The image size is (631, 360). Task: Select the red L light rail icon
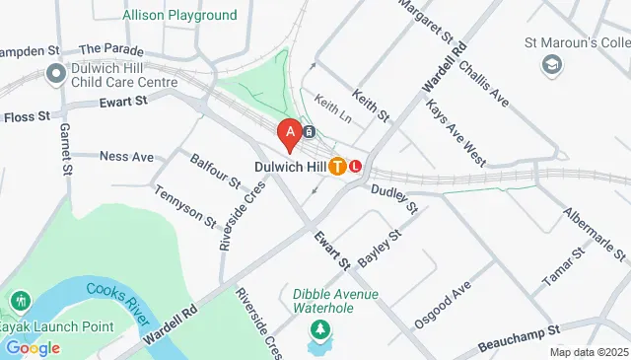(356, 167)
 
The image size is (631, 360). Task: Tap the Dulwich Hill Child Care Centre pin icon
(55, 73)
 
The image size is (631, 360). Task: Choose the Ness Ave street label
(127, 157)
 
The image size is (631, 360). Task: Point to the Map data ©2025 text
(588, 352)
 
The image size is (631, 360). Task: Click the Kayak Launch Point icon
(18, 300)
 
